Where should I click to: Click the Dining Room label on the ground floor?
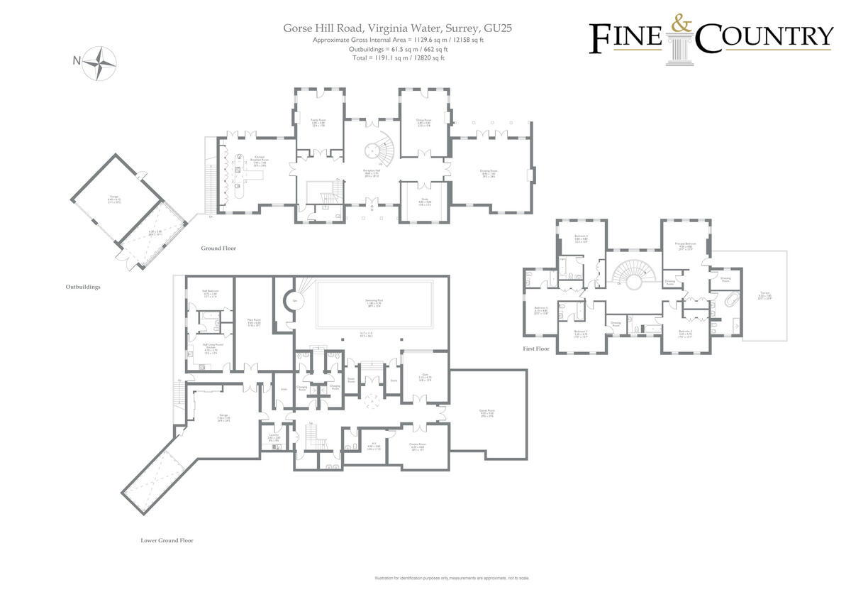[424, 122]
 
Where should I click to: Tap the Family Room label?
[319, 122]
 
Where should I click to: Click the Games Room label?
[486, 412]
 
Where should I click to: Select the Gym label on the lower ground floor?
[424, 378]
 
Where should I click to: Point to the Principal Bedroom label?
[685, 245]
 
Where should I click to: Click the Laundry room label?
[274, 438]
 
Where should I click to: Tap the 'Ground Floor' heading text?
[218, 248]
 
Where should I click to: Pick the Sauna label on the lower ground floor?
[394, 381]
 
